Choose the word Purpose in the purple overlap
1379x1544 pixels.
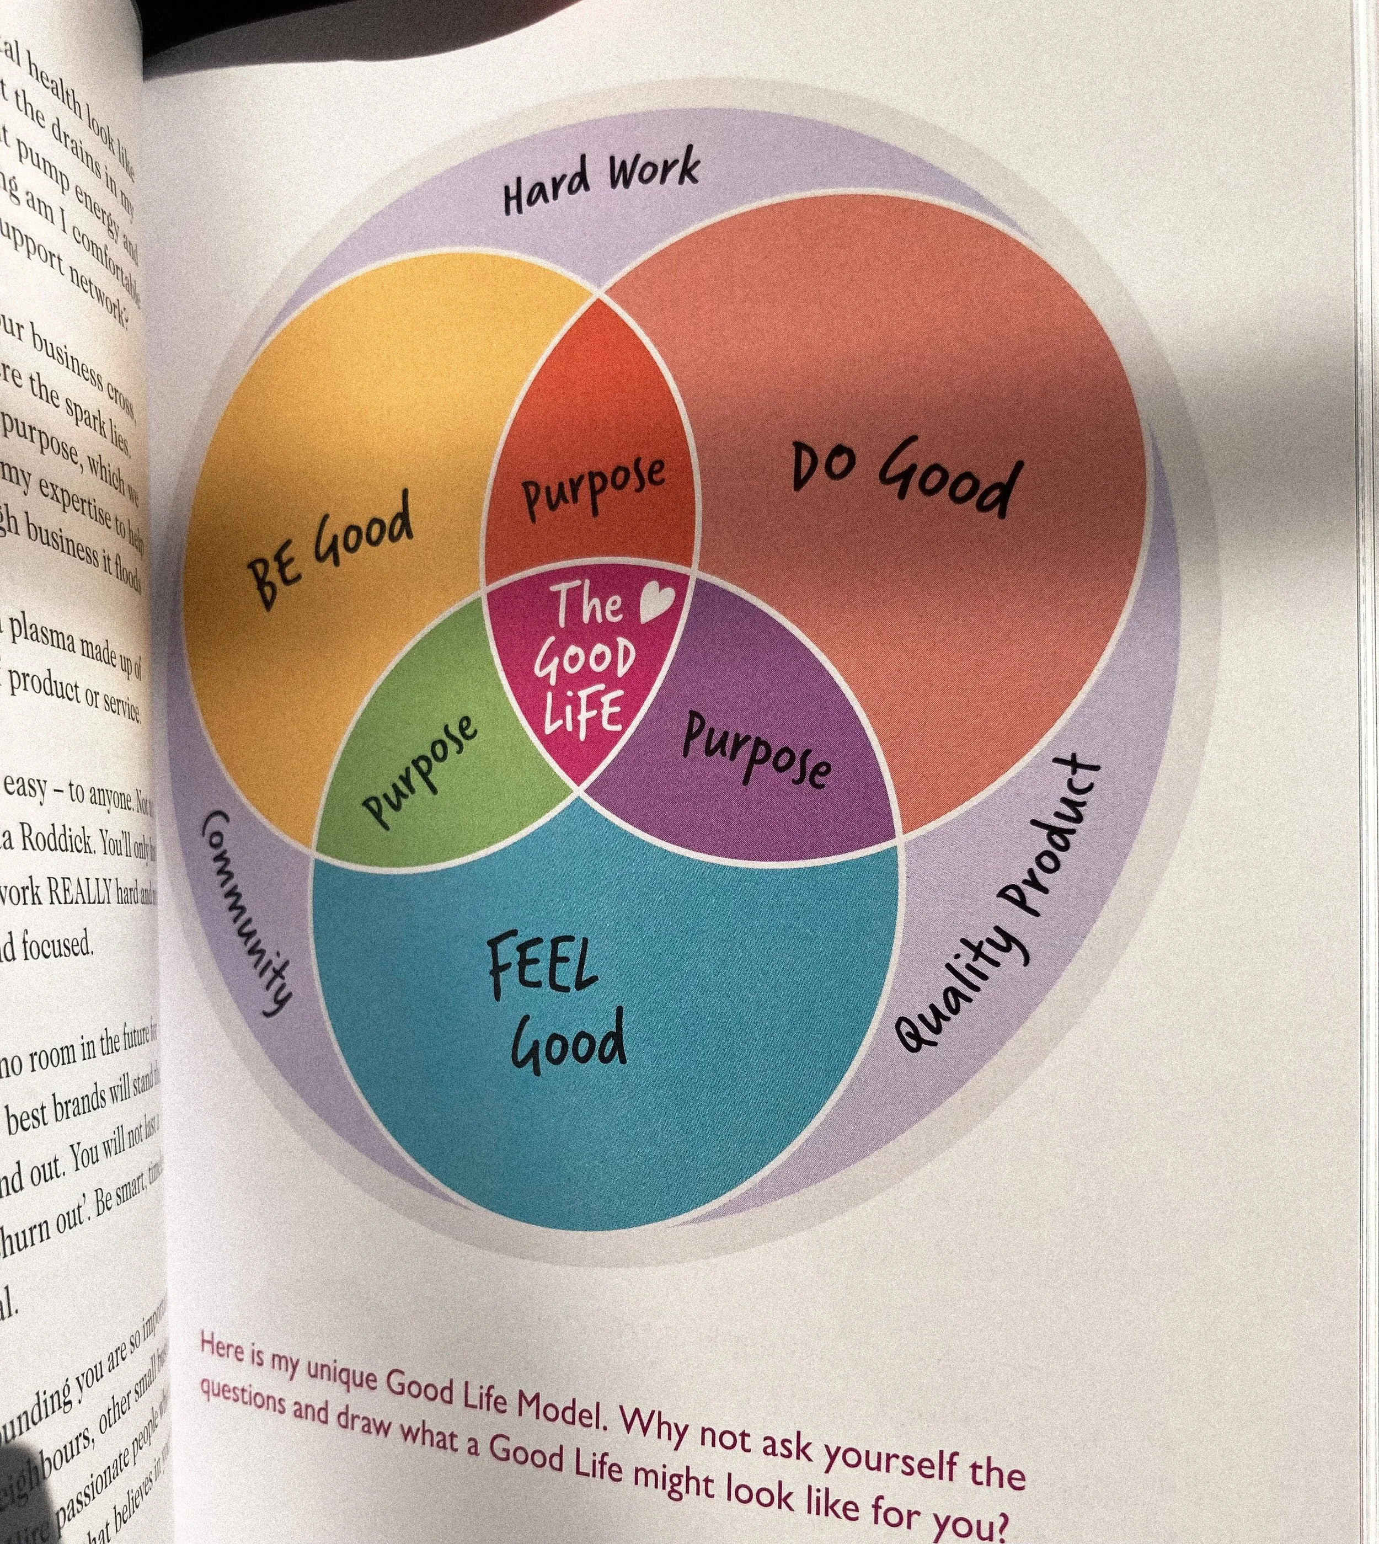click(756, 751)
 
